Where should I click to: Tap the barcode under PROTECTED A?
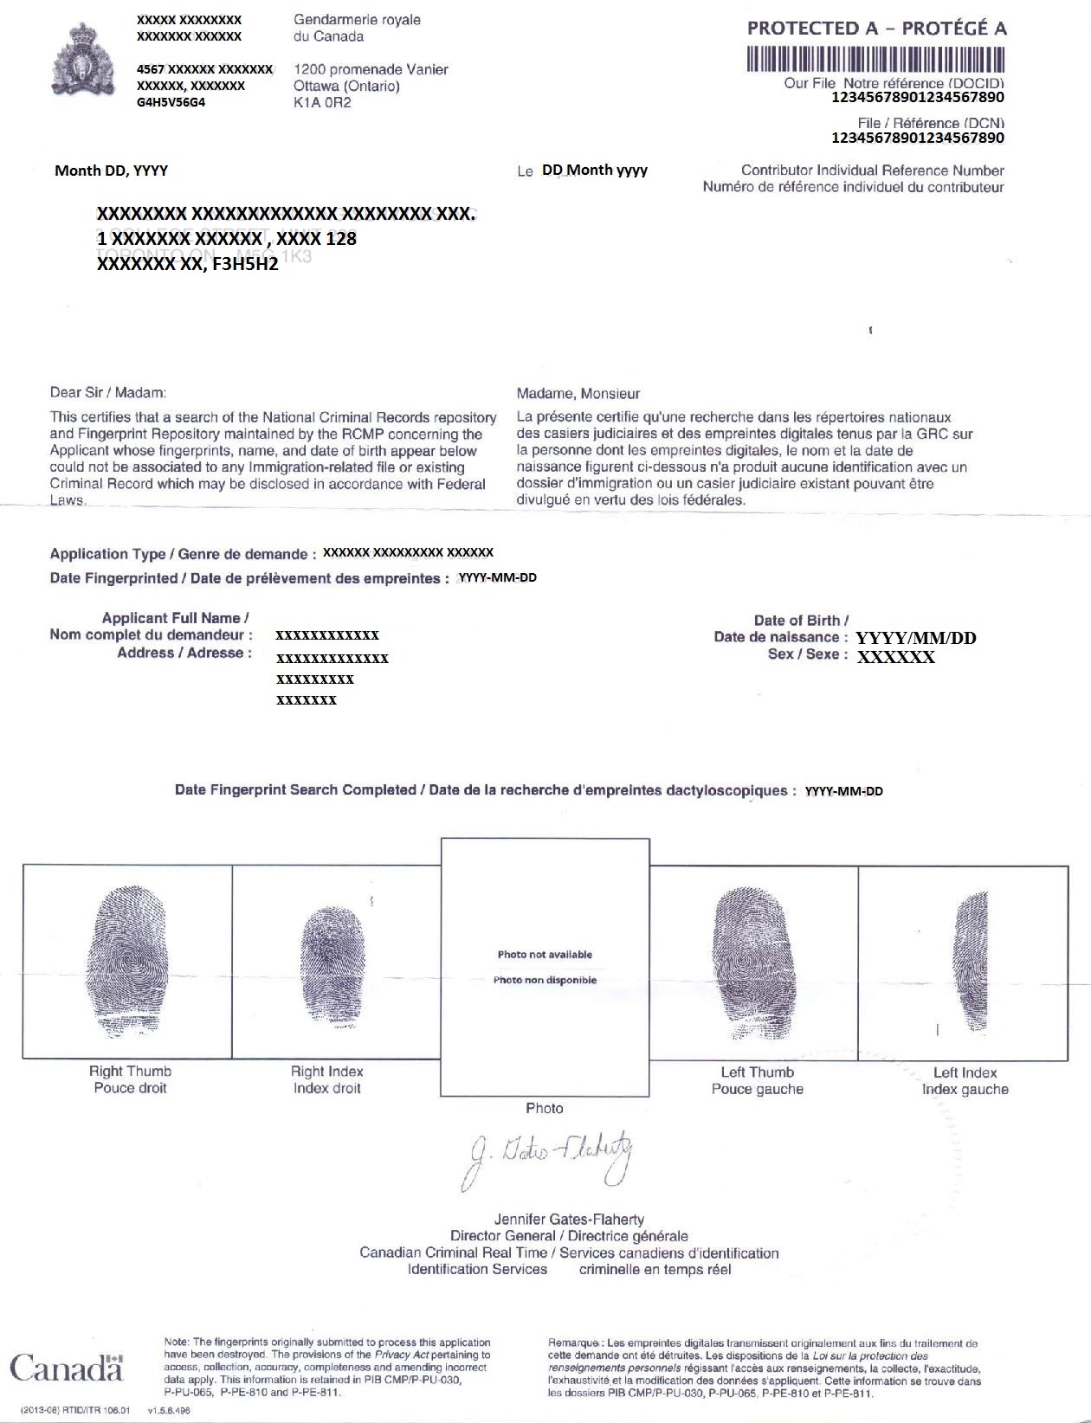876,59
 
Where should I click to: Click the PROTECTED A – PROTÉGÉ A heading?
876,28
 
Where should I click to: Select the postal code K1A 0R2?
322,102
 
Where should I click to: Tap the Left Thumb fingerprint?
753,960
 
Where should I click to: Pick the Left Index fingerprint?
971,962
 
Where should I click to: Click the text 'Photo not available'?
545,955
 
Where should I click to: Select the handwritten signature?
551,1157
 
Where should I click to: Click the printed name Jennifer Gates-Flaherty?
569,1219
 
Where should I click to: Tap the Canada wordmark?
67,1368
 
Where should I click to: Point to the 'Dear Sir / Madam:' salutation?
108,392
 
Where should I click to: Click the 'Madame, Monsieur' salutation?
578,394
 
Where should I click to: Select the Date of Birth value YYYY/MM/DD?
915,638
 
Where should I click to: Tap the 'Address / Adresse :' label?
184,653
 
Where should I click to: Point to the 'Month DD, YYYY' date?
111,171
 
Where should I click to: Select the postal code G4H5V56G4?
171,102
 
